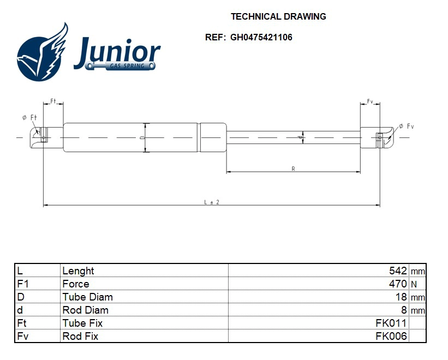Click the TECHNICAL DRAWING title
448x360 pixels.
click(278, 16)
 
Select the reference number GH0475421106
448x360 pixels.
click(261, 38)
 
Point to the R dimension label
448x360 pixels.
click(293, 169)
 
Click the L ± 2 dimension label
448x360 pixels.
click(212, 202)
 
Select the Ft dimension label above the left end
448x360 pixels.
click(53, 101)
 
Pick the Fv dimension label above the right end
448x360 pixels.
click(370, 101)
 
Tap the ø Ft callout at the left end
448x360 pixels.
click(29, 117)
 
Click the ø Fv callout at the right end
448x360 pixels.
click(407, 126)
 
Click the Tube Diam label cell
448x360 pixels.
click(87, 297)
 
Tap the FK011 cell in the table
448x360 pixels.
click(391, 323)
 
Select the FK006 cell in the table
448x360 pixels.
click(391, 336)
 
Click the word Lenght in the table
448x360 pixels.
click(78, 271)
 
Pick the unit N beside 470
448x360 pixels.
click(413, 284)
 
